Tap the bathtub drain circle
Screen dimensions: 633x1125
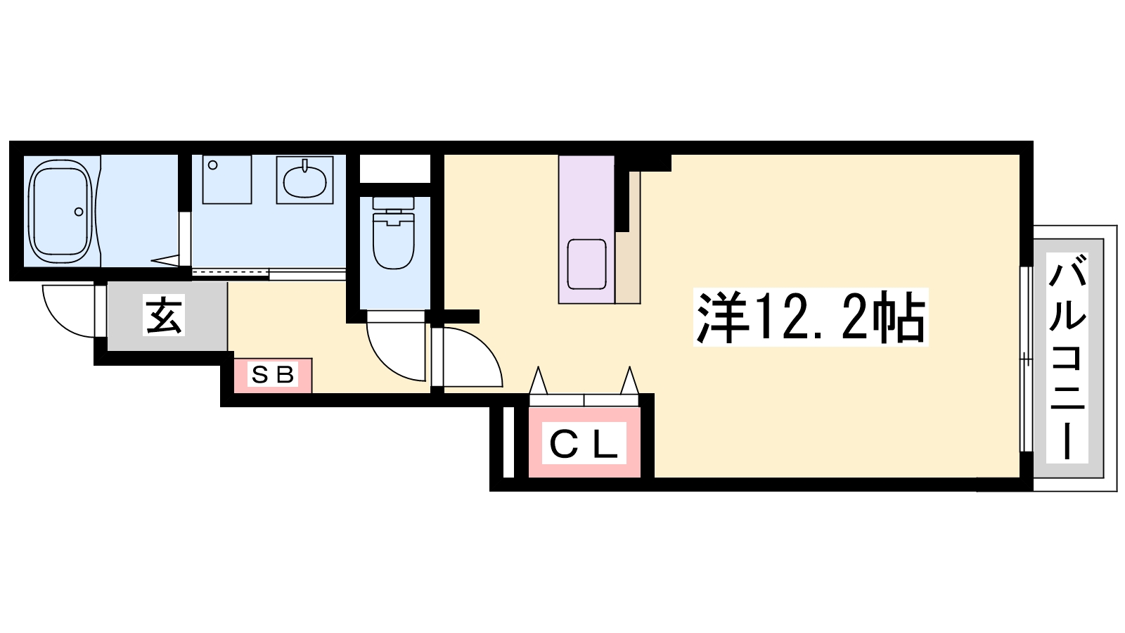79,212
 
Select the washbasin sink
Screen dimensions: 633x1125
304,180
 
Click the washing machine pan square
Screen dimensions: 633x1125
227,179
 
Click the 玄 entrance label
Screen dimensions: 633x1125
164,315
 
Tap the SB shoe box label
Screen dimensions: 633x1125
273,375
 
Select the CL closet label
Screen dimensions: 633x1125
584,444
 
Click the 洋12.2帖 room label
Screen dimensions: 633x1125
810,317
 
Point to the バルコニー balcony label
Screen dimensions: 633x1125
1067,358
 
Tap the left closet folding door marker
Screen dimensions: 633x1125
538,382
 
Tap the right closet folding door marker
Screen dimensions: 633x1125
629,382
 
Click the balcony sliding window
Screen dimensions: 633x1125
1027,359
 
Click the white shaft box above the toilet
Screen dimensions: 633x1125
394,169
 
